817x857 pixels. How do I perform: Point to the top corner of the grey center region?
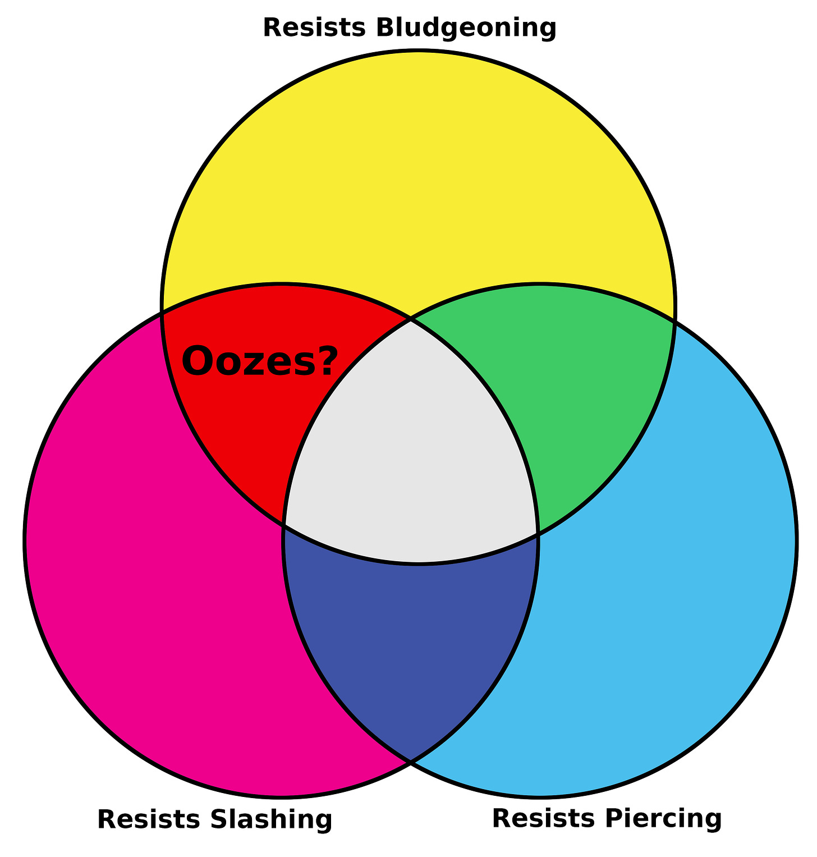point(411,319)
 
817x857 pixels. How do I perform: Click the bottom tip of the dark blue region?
point(411,762)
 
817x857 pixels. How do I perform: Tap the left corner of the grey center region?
point(284,526)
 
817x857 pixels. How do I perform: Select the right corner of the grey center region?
point(538,534)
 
